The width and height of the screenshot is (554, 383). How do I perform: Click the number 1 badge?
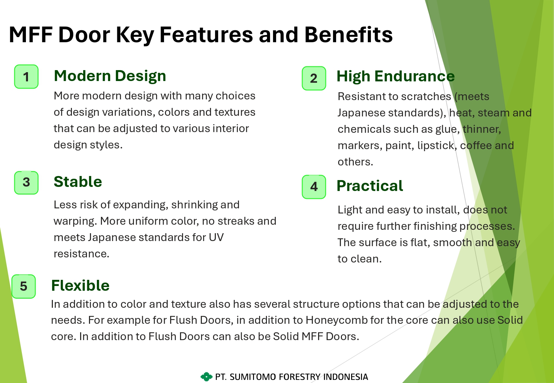(26, 77)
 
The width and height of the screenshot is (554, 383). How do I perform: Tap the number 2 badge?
(314, 78)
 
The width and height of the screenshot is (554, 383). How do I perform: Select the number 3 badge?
(26, 182)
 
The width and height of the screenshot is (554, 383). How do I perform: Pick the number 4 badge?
(314, 187)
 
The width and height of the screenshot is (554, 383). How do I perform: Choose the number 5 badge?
(24, 286)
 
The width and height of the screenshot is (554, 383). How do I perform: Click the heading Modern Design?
(110, 76)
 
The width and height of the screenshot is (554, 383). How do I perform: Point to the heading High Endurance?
(395, 76)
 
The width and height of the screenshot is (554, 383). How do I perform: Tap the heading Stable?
(78, 182)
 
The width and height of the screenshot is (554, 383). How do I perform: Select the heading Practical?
(370, 186)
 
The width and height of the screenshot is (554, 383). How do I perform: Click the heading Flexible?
(80, 285)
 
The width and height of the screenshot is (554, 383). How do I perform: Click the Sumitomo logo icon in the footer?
(206, 377)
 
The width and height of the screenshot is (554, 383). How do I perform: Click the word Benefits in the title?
(348, 35)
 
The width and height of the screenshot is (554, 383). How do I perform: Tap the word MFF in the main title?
(31, 35)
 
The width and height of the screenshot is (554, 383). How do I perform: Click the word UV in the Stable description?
(216, 237)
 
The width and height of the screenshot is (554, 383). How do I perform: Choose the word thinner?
(482, 129)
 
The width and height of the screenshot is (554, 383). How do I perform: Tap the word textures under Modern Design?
(235, 112)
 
